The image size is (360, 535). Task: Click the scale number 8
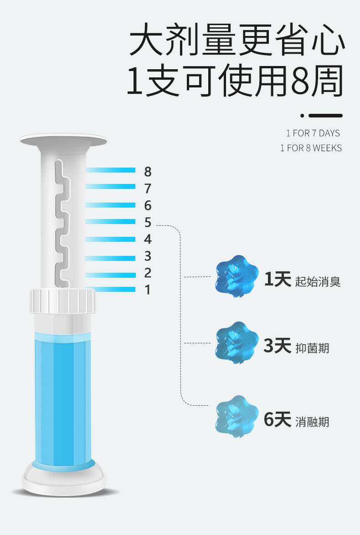pos(148,172)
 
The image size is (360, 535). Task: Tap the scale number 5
pos(148,222)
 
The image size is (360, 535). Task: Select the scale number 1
pos(148,290)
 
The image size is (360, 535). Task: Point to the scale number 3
pos(148,256)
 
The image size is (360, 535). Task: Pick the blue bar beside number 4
pos(111,239)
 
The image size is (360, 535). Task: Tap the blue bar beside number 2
pos(111,275)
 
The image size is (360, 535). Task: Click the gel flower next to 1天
pos(236,277)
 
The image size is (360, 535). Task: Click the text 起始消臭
pos(318,281)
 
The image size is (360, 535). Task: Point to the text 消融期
pos(312,422)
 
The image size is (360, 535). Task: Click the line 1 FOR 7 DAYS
pos(313,133)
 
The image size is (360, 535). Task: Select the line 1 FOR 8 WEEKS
pos(311,148)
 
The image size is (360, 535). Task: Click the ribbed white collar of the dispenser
pos(63,300)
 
